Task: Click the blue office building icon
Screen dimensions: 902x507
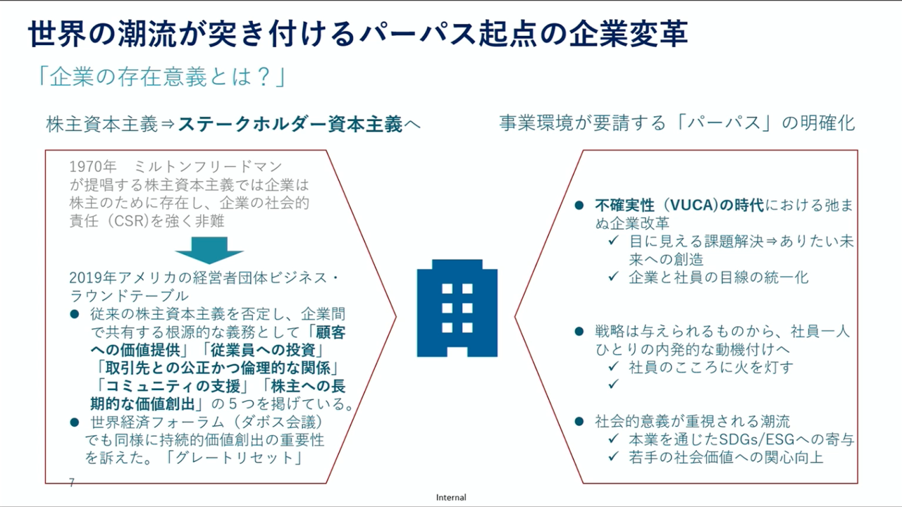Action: (457, 308)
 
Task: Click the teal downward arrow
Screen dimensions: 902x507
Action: (209, 250)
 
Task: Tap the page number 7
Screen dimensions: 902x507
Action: (72, 482)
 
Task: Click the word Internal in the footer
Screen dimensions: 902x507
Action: (451, 497)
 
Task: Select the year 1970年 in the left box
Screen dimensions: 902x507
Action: (93, 167)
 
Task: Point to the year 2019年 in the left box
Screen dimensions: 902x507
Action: (93, 277)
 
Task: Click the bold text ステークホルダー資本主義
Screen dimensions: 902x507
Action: (290, 124)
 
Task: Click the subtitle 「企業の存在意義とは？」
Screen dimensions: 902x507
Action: (161, 77)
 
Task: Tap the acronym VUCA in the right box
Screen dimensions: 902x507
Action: (692, 205)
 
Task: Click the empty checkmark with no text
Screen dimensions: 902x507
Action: (613, 384)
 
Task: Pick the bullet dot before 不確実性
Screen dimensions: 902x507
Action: (579, 206)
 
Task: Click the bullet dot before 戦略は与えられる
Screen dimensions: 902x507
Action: (579, 332)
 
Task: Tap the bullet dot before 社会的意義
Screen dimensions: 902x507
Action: (579, 422)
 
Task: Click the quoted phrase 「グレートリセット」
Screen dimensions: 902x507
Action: (234, 458)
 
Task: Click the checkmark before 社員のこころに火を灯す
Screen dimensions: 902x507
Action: (613, 366)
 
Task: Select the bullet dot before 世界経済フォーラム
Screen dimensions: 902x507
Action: (75, 422)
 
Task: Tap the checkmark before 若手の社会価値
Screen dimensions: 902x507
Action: (613, 456)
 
